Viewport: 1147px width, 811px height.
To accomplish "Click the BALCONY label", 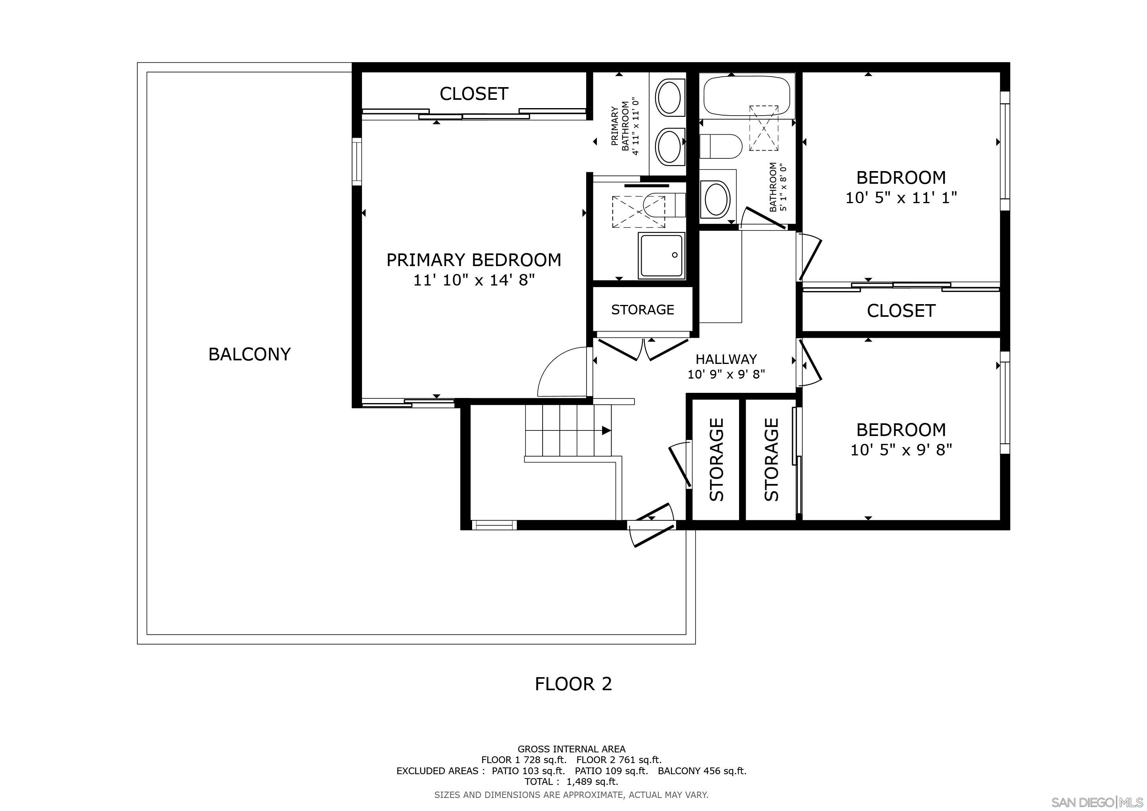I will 249,354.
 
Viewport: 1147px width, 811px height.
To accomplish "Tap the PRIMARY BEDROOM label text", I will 474,260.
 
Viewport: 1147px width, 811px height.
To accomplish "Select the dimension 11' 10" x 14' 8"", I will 474,280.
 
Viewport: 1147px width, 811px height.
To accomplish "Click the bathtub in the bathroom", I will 746,96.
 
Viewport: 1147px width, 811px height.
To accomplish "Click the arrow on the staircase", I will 606,430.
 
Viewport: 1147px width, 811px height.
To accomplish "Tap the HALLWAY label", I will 726,359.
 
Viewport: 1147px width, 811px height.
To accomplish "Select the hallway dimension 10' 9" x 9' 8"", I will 726,374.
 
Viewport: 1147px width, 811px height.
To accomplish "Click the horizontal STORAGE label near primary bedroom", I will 642,310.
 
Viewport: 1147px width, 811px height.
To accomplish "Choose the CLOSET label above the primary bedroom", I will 474,94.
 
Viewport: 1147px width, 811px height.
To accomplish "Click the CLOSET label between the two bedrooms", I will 901,310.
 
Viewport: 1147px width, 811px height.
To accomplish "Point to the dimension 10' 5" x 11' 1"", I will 901,198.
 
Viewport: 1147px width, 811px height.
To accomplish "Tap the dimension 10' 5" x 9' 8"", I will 901,450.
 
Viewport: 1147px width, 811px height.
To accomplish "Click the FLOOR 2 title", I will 573,683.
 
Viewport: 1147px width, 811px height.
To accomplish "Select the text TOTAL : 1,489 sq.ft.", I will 571,782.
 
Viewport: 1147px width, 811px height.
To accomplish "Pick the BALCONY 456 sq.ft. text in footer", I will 702,771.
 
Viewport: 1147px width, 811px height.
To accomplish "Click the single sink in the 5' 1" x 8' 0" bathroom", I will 715,199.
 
